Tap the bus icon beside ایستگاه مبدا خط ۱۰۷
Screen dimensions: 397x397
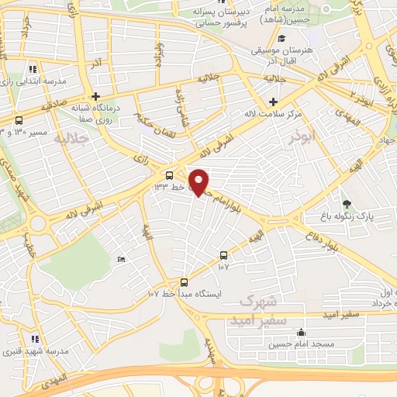click(x=184, y=283)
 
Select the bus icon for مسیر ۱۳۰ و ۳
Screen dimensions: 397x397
click(x=19, y=121)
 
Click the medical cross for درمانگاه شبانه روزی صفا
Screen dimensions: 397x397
click(x=95, y=97)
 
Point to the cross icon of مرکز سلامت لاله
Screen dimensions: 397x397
click(x=273, y=102)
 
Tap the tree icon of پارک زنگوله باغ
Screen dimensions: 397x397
click(x=346, y=204)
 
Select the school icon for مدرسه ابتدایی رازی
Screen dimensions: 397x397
click(x=33, y=69)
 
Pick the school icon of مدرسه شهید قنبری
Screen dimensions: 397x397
click(x=34, y=339)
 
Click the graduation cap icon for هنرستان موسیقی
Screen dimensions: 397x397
click(x=281, y=39)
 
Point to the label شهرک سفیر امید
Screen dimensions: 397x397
click(x=258, y=309)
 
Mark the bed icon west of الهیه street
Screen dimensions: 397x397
click(x=120, y=259)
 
